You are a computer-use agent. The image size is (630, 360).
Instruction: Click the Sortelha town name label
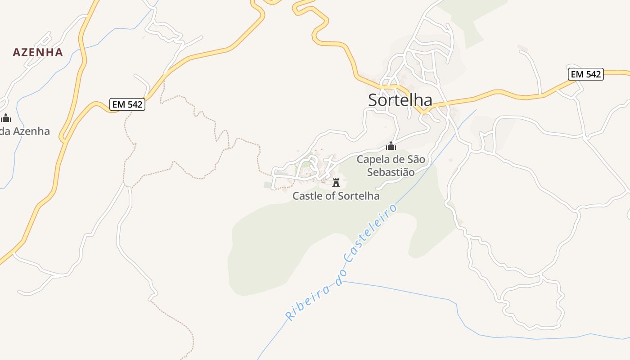click(x=400, y=100)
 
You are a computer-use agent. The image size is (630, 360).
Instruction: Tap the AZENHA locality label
click(x=38, y=52)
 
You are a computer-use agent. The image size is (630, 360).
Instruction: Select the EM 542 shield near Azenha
click(x=127, y=104)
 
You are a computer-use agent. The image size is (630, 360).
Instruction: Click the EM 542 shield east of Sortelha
click(x=585, y=74)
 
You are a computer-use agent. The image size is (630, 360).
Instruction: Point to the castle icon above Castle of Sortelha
click(x=336, y=183)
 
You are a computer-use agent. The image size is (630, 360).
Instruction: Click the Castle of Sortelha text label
click(x=336, y=196)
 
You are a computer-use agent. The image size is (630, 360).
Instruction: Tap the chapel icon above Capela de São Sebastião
click(x=391, y=146)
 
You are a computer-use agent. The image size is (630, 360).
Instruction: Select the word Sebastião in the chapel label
click(x=391, y=172)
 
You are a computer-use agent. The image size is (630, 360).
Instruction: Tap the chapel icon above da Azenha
click(x=6, y=118)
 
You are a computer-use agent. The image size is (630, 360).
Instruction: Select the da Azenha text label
click(x=25, y=131)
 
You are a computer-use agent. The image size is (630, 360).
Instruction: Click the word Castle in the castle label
click(x=306, y=196)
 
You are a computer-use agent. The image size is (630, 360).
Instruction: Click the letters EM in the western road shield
click(x=118, y=104)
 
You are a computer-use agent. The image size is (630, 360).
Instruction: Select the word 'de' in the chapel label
click(x=397, y=159)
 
